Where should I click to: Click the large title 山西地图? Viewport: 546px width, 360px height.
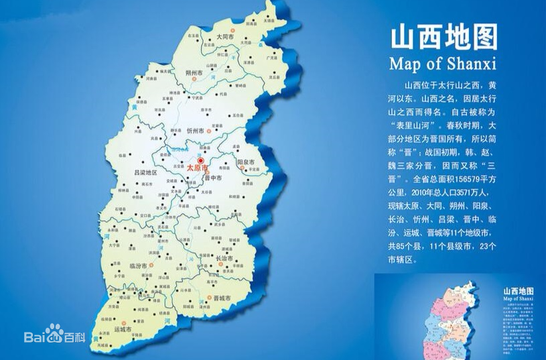coord(443,38)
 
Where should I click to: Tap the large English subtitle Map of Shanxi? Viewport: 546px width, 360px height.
coord(442,64)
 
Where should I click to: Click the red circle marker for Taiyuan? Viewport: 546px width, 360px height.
coord(200,160)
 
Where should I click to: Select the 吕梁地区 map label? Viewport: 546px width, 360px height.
coord(145,172)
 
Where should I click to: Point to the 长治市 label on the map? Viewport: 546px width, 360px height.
coord(222,258)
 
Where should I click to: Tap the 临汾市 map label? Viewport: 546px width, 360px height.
coord(138,266)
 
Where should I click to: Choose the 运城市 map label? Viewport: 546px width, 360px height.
coord(123,329)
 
